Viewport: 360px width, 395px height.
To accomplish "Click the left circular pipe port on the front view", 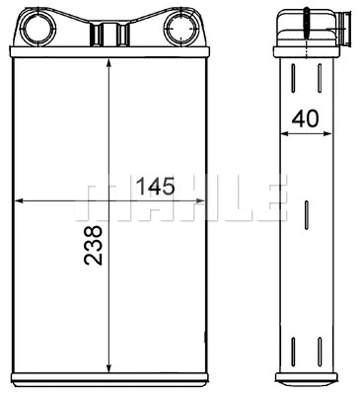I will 40,24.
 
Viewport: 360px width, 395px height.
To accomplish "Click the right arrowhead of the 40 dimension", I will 329,134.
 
